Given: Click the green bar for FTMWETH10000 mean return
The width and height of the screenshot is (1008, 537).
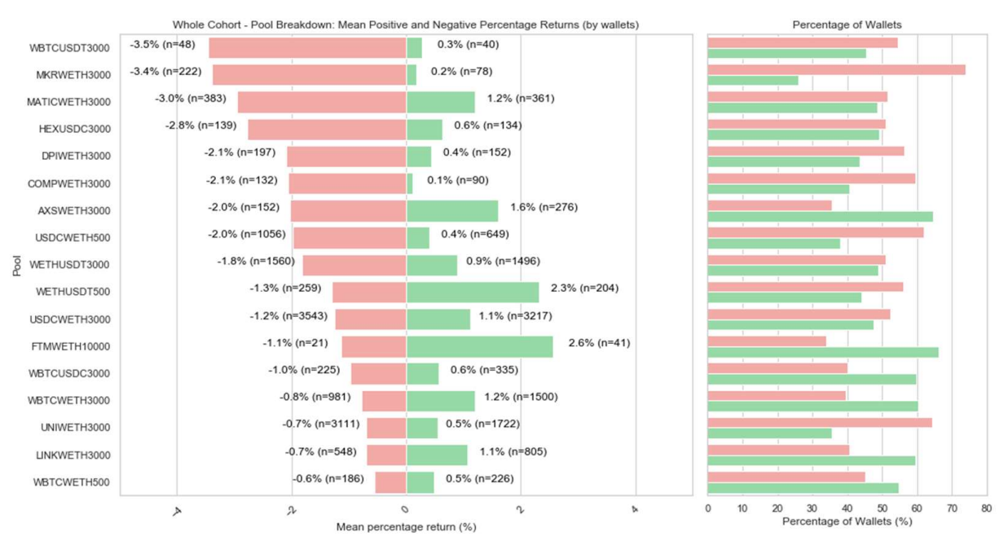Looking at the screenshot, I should tap(479, 346).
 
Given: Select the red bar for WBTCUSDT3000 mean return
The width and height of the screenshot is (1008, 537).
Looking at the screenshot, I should tap(307, 48).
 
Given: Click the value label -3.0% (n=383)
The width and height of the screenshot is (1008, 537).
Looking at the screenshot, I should tap(191, 99).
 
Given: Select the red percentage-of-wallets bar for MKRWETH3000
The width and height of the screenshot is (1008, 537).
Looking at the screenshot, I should tap(836, 70).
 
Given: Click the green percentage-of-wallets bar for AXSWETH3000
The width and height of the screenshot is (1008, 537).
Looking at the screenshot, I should tap(820, 217).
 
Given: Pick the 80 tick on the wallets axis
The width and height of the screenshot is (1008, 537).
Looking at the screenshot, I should tap(986, 508).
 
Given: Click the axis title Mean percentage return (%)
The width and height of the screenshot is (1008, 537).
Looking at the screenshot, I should tap(406, 527).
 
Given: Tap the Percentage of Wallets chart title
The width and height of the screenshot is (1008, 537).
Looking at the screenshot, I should tap(847, 25).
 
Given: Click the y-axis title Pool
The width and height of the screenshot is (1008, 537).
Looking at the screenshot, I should tap(17, 264).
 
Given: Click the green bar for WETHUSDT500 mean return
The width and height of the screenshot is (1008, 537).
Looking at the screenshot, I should tap(473, 292).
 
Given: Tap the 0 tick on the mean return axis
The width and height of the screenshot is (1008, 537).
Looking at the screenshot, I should tap(404, 508).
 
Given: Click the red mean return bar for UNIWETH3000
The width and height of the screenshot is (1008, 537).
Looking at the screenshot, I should tap(386, 428).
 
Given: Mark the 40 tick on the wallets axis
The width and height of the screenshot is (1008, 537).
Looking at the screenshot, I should tap(847, 508).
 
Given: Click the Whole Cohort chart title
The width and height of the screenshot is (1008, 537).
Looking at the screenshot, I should tap(406, 25).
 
